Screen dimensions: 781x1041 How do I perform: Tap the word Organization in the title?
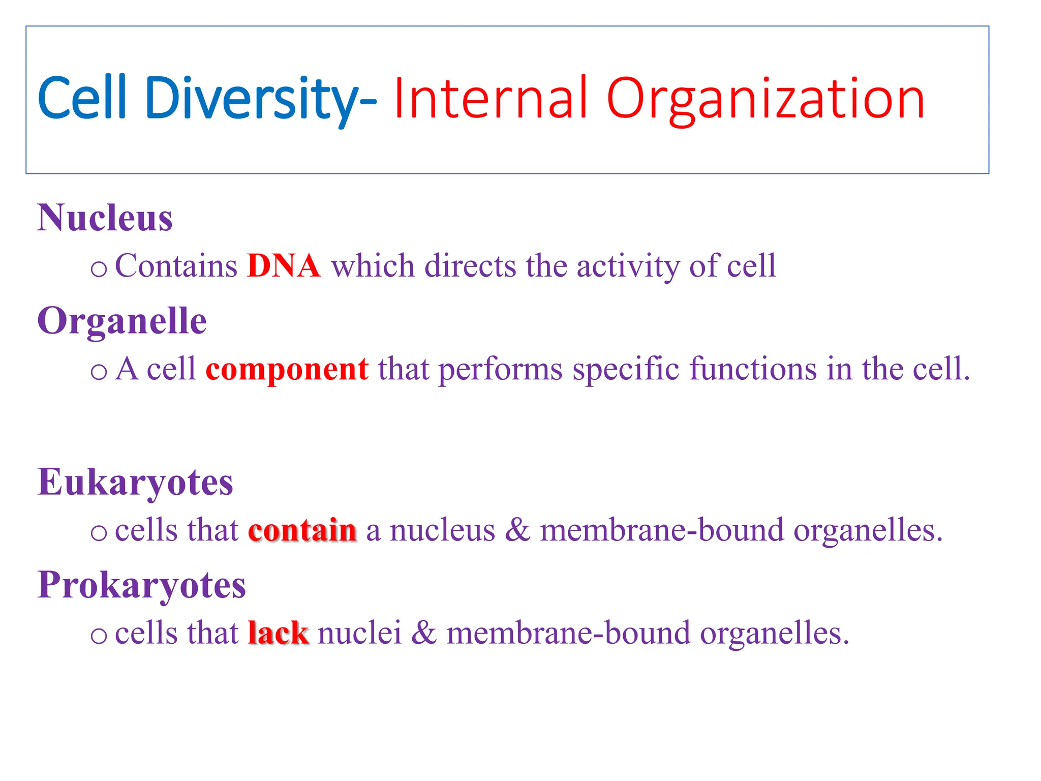[765, 99]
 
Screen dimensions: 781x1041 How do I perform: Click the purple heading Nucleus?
[105, 218]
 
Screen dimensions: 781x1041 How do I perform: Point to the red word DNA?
[283, 266]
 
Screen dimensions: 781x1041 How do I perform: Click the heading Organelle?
[122, 321]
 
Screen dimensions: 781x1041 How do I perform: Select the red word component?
[287, 369]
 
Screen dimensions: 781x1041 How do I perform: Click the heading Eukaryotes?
[135, 482]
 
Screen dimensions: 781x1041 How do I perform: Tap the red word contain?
[302, 530]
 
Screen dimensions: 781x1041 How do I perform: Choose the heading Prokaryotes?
[142, 585]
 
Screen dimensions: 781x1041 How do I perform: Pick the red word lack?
[278, 633]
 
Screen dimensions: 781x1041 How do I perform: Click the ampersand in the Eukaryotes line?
[517, 530]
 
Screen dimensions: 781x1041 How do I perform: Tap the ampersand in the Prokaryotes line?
[423, 633]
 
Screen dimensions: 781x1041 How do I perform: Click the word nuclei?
[359, 633]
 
